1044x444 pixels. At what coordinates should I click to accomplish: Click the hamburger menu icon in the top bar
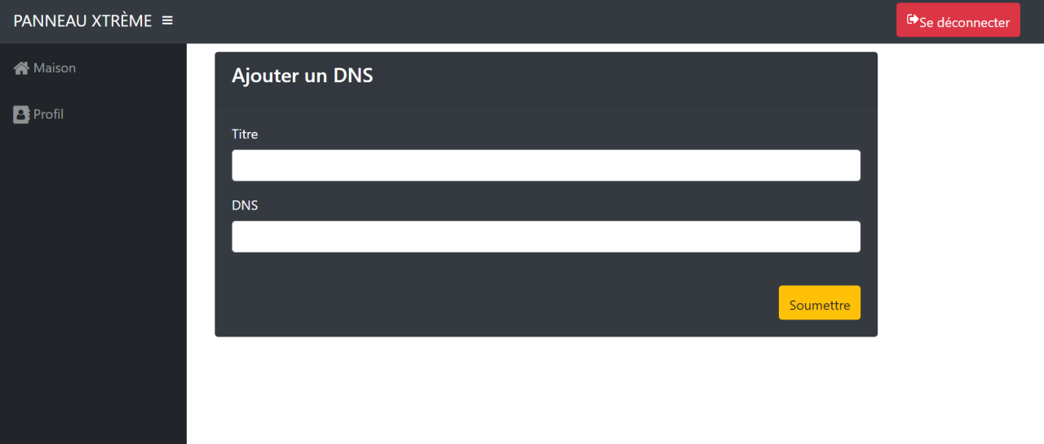tap(167, 20)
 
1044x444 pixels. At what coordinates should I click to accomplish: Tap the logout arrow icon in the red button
tap(913, 20)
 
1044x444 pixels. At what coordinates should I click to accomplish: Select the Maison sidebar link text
tap(55, 68)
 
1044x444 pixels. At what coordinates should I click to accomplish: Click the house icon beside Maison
tap(21, 68)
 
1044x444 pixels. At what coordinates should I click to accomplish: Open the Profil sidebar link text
tap(48, 115)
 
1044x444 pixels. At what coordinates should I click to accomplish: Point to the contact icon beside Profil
tap(21, 115)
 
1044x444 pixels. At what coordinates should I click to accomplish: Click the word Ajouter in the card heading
tap(264, 76)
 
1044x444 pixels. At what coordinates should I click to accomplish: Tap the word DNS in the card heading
tap(353, 76)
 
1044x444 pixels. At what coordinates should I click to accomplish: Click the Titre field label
tap(245, 134)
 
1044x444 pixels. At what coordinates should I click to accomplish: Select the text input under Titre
tap(546, 165)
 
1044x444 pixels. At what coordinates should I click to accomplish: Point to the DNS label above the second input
tap(245, 206)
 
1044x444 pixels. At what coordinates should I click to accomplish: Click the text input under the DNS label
tap(546, 237)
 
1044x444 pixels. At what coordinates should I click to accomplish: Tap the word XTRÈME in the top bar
tap(121, 21)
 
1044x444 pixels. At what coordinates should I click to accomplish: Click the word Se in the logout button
tap(927, 23)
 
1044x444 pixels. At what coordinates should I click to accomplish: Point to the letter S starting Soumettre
tap(794, 306)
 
